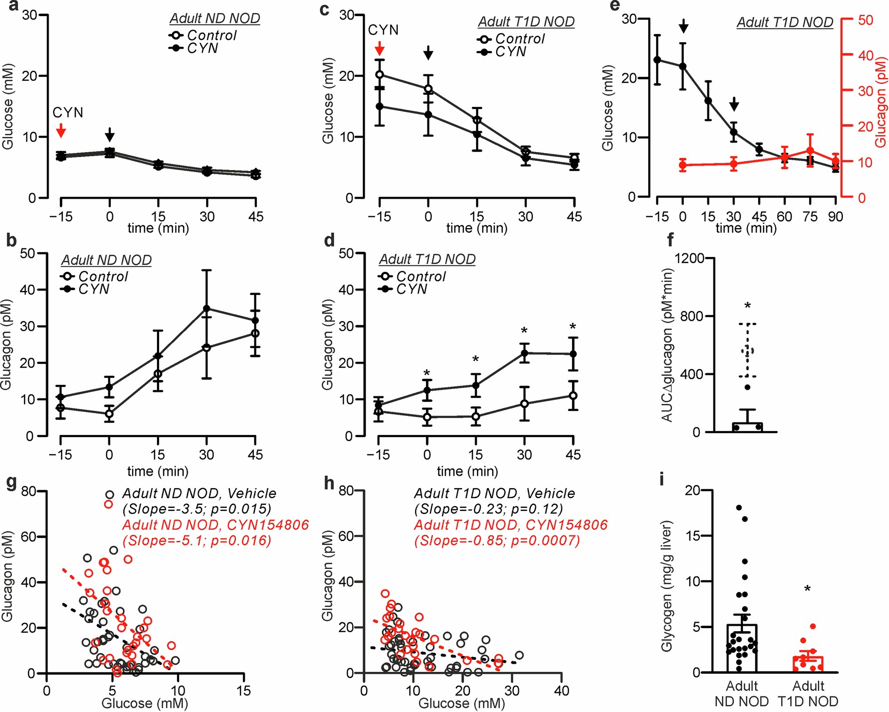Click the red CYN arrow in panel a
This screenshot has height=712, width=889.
[x=61, y=131]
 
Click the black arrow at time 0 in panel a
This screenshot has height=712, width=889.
[x=110, y=134]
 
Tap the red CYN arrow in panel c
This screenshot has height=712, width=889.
[x=380, y=49]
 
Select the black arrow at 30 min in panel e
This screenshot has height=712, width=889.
[x=734, y=104]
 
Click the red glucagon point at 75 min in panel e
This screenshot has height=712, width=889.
[x=810, y=151]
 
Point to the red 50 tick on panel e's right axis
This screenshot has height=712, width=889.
[x=865, y=20]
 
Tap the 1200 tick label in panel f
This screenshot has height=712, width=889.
[x=689, y=258]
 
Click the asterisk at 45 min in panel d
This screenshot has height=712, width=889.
[x=573, y=328]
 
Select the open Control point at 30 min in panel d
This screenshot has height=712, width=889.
[x=524, y=403]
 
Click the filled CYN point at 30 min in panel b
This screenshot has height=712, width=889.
[x=206, y=308]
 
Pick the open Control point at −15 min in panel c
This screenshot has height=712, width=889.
[x=380, y=75]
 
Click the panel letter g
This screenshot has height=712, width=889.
[x=11, y=482]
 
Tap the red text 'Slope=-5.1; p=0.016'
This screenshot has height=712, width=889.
[x=197, y=540]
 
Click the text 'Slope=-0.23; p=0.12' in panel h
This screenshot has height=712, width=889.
[x=488, y=509]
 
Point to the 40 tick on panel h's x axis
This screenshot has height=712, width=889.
[x=561, y=691]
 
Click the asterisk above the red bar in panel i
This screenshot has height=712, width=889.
[x=807, y=589]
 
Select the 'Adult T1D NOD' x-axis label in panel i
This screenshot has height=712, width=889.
[x=808, y=693]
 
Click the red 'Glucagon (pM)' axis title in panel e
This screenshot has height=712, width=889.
[x=880, y=101]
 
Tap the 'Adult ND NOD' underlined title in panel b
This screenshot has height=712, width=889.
[x=106, y=260]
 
